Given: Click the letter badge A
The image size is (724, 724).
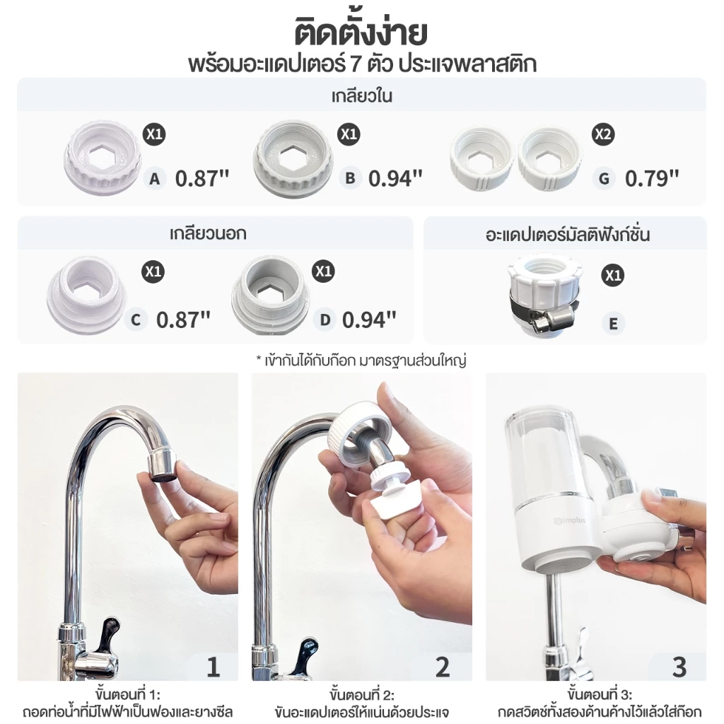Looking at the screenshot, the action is click(x=155, y=178).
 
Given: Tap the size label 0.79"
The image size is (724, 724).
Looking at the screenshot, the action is click(x=652, y=179).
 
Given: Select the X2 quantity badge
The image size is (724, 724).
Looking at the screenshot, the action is click(x=603, y=134).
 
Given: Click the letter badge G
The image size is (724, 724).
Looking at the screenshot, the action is click(x=604, y=178).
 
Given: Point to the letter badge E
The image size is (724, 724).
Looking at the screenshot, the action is click(x=613, y=323).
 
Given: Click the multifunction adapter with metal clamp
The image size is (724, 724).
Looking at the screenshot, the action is click(x=544, y=295).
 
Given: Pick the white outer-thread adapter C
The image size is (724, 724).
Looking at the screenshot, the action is click(x=87, y=295).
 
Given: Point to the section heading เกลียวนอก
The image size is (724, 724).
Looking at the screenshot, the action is click(x=208, y=233).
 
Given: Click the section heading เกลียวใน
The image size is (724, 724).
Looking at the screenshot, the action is click(x=361, y=96).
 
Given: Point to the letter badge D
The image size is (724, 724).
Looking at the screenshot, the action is click(x=325, y=320).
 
